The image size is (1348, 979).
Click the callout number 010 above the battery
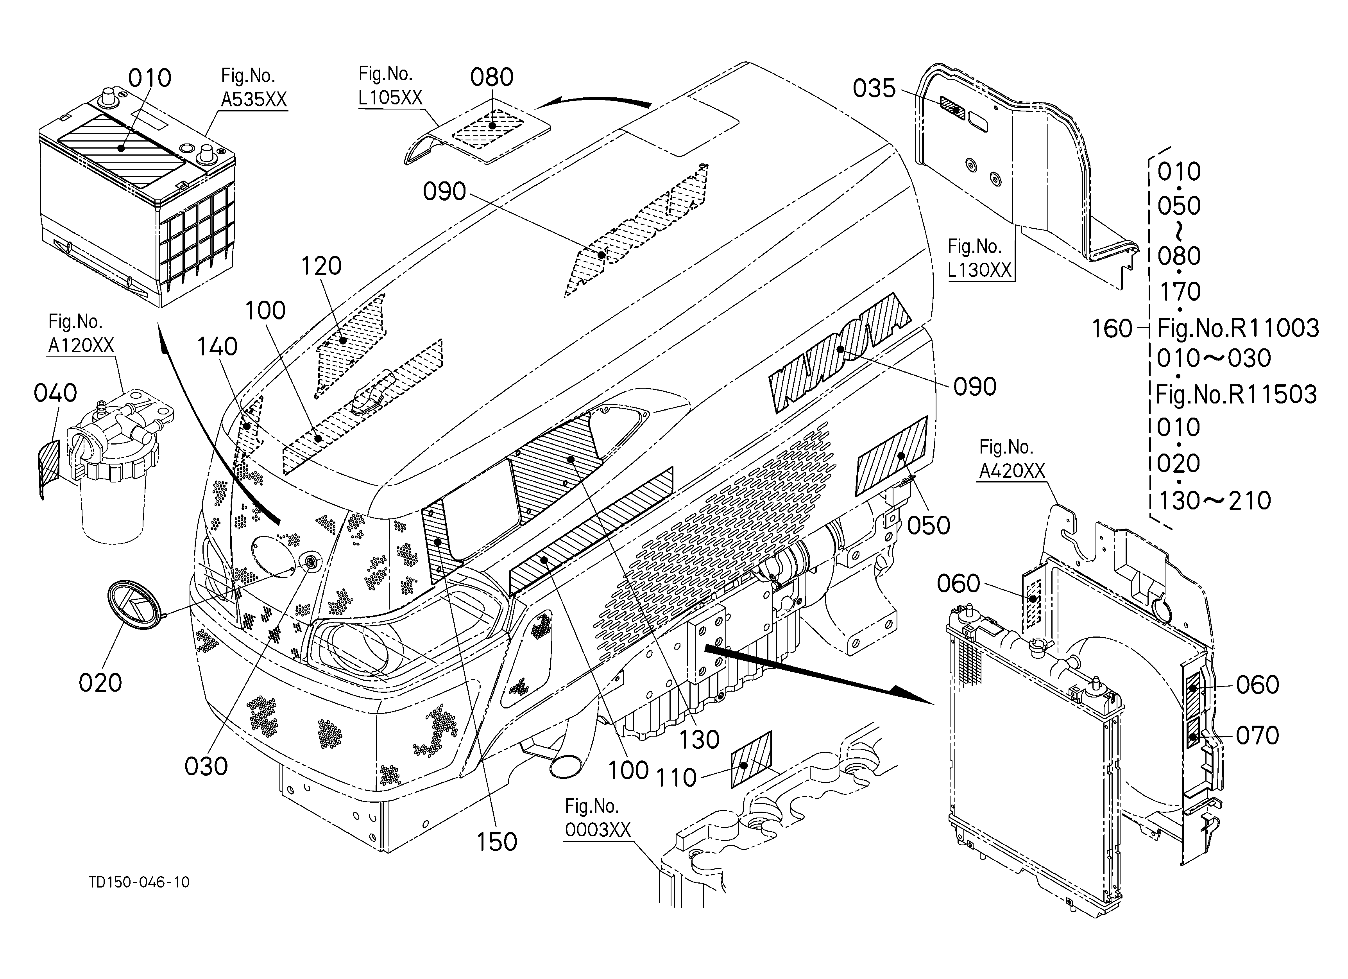pos(150,78)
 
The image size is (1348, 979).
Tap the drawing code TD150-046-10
pos(139,882)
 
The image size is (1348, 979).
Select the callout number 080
pos(492,77)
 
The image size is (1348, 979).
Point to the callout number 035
pos(874,89)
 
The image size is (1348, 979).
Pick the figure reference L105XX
pos(390,97)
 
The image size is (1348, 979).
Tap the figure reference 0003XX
pos(597,830)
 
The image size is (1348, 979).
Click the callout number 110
pos(676,778)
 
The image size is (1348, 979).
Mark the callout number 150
pos(497,842)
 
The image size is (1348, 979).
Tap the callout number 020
pos(100,683)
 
